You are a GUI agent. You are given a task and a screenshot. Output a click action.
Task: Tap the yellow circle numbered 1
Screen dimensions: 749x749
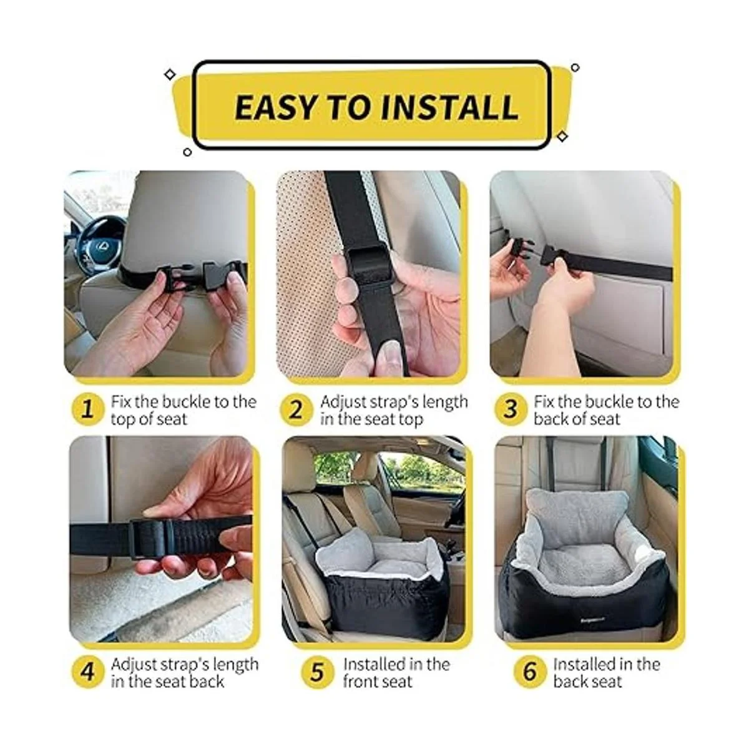click(x=87, y=410)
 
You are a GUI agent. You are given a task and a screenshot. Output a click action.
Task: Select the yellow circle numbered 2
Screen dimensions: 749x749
click(x=296, y=410)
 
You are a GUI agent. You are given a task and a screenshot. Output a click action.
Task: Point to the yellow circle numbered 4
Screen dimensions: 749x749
click(x=87, y=672)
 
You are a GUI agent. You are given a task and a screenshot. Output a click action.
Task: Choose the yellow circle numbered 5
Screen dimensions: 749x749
click(x=318, y=672)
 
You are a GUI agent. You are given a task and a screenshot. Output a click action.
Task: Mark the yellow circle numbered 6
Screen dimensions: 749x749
click(x=529, y=672)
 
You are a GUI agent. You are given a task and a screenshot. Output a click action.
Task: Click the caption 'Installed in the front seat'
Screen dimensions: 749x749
click(x=396, y=672)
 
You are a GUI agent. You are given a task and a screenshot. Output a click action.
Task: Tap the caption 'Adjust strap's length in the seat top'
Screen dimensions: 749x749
click(x=393, y=410)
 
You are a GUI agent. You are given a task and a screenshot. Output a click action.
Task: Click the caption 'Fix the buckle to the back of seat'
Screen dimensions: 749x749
click(x=605, y=410)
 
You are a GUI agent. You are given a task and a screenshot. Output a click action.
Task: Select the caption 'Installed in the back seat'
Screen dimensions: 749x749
click(x=605, y=672)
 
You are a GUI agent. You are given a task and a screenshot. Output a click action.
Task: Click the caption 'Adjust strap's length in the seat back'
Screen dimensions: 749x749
click(x=184, y=672)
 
